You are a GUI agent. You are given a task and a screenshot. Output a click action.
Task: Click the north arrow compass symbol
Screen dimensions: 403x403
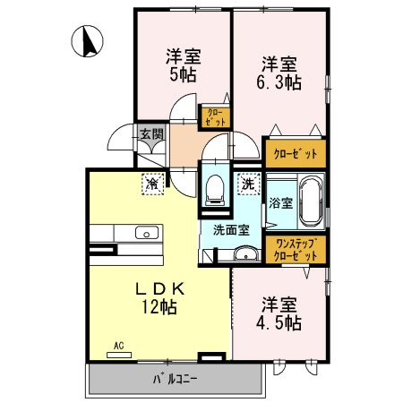pyautogui.click(x=90, y=41)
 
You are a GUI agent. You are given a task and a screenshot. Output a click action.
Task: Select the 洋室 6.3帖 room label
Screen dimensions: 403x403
pyautogui.click(x=280, y=73)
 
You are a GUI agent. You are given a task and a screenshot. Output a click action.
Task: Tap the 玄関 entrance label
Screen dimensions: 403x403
pyautogui.click(x=150, y=136)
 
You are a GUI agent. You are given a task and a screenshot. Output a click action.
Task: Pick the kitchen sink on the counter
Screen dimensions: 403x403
pyautogui.click(x=146, y=234)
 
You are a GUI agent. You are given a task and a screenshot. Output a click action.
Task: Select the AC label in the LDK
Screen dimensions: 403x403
pyautogui.click(x=118, y=345)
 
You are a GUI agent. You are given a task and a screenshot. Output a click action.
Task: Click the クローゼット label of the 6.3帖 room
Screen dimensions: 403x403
pyautogui.click(x=295, y=153)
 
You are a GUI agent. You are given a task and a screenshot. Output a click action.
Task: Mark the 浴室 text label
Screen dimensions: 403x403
pyautogui.click(x=279, y=202)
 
